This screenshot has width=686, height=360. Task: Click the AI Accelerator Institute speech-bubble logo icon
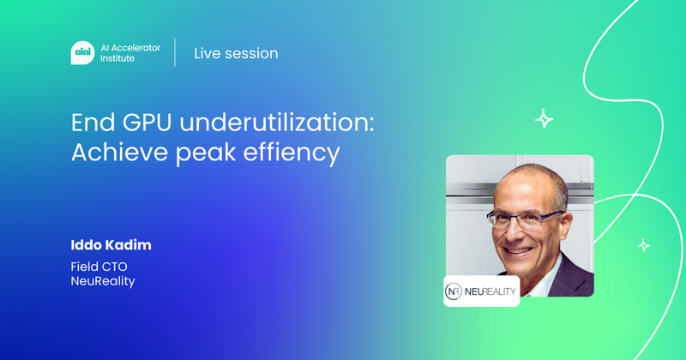(81, 53)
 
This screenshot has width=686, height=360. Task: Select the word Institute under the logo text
(117, 59)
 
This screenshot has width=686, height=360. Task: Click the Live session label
(236, 53)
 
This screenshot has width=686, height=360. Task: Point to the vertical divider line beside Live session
(176, 53)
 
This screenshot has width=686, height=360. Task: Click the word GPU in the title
(142, 123)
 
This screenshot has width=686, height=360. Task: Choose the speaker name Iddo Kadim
(111, 246)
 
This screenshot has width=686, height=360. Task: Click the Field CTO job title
(99, 267)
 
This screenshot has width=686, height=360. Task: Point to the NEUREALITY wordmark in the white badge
(491, 291)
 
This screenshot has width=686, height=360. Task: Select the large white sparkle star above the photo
(544, 119)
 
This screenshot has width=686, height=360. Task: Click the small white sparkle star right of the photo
(643, 245)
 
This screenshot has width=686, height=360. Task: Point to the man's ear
(573, 225)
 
